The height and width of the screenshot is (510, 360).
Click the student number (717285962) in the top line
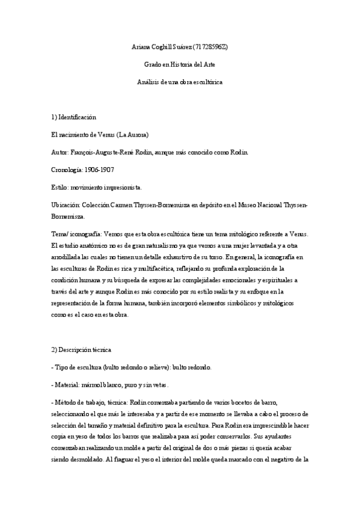[210, 46]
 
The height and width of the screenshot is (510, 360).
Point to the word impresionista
[123, 188]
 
